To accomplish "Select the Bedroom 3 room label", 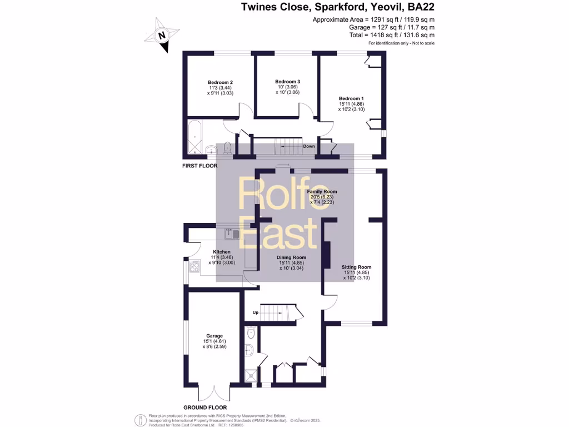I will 287,81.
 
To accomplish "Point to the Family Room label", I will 322,192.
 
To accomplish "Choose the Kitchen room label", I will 221,252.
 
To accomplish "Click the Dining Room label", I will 292,257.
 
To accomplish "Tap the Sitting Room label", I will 356,267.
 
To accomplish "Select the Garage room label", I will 214,336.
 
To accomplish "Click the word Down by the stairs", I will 309,146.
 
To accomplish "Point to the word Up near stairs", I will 256,312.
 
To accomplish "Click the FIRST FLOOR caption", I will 200,166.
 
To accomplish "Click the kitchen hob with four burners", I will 194,267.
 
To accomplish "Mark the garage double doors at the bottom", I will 214,393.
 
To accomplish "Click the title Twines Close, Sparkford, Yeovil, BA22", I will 338,7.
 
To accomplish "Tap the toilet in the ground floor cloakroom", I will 251,333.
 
